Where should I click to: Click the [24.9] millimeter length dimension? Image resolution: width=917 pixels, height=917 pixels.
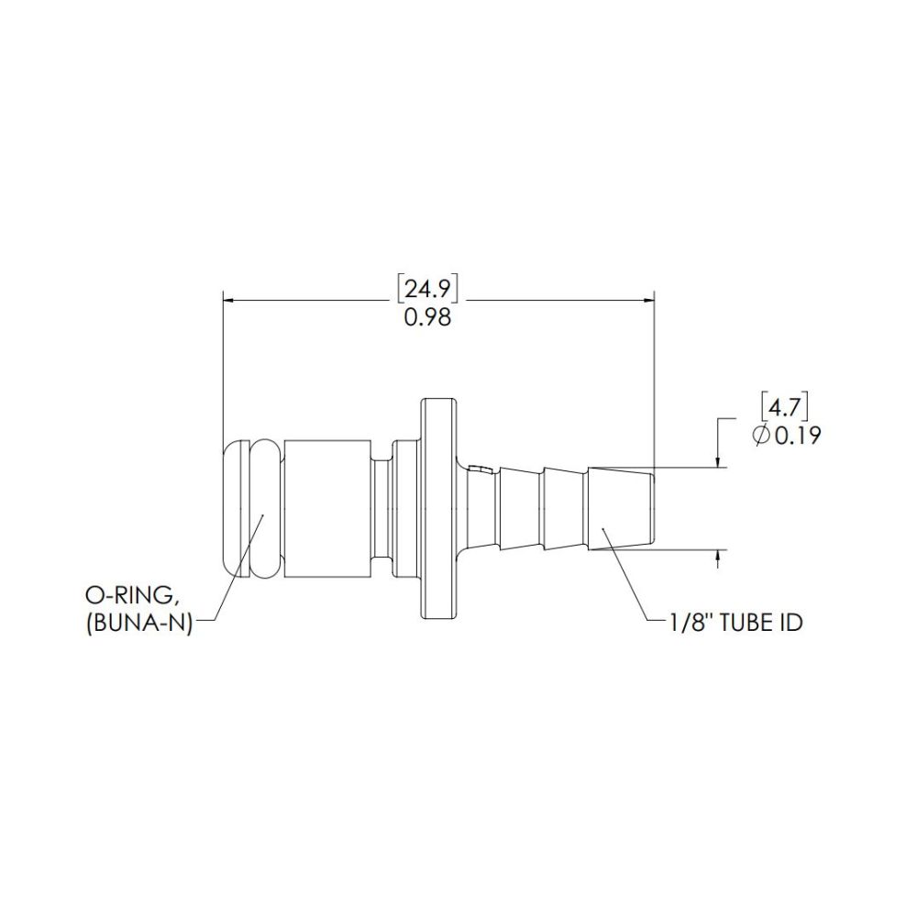coord(426,290)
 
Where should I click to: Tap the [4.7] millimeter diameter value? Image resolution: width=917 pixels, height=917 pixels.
coord(784,405)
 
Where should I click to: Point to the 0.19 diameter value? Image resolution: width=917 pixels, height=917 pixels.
coord(797,435)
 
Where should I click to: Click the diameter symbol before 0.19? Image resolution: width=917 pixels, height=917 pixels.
coord(761,436)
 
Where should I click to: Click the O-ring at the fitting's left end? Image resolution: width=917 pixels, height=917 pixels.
coord(249,508)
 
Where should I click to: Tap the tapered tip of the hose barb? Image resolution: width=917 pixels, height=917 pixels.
coord(622,509)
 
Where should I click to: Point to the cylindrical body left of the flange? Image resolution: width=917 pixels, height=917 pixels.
coord(327,508)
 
